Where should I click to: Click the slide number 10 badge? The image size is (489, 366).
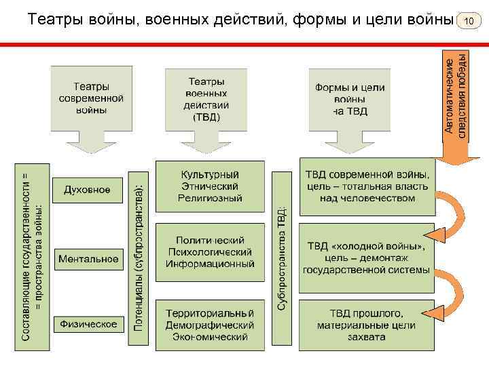pos(468,21)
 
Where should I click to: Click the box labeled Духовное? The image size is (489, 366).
pos(87,190)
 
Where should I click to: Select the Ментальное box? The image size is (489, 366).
pos(88,258)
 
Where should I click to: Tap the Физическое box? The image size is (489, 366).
pos(88,324)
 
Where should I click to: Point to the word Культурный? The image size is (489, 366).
pos(210,174)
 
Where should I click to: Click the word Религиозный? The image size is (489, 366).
pos(210,198)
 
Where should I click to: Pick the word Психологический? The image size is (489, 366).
pos(210,251)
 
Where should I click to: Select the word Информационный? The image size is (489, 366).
pos(210,263)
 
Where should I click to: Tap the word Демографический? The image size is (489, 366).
pos(210,325)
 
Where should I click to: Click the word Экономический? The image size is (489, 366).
pos(210,336)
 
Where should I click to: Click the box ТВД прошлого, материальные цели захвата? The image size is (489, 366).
pos(367,325)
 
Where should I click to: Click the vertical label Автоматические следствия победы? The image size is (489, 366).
pos(456,95)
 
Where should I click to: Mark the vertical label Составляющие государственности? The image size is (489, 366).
pos(31,256)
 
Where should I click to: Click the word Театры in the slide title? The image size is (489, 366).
pos(54,20)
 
